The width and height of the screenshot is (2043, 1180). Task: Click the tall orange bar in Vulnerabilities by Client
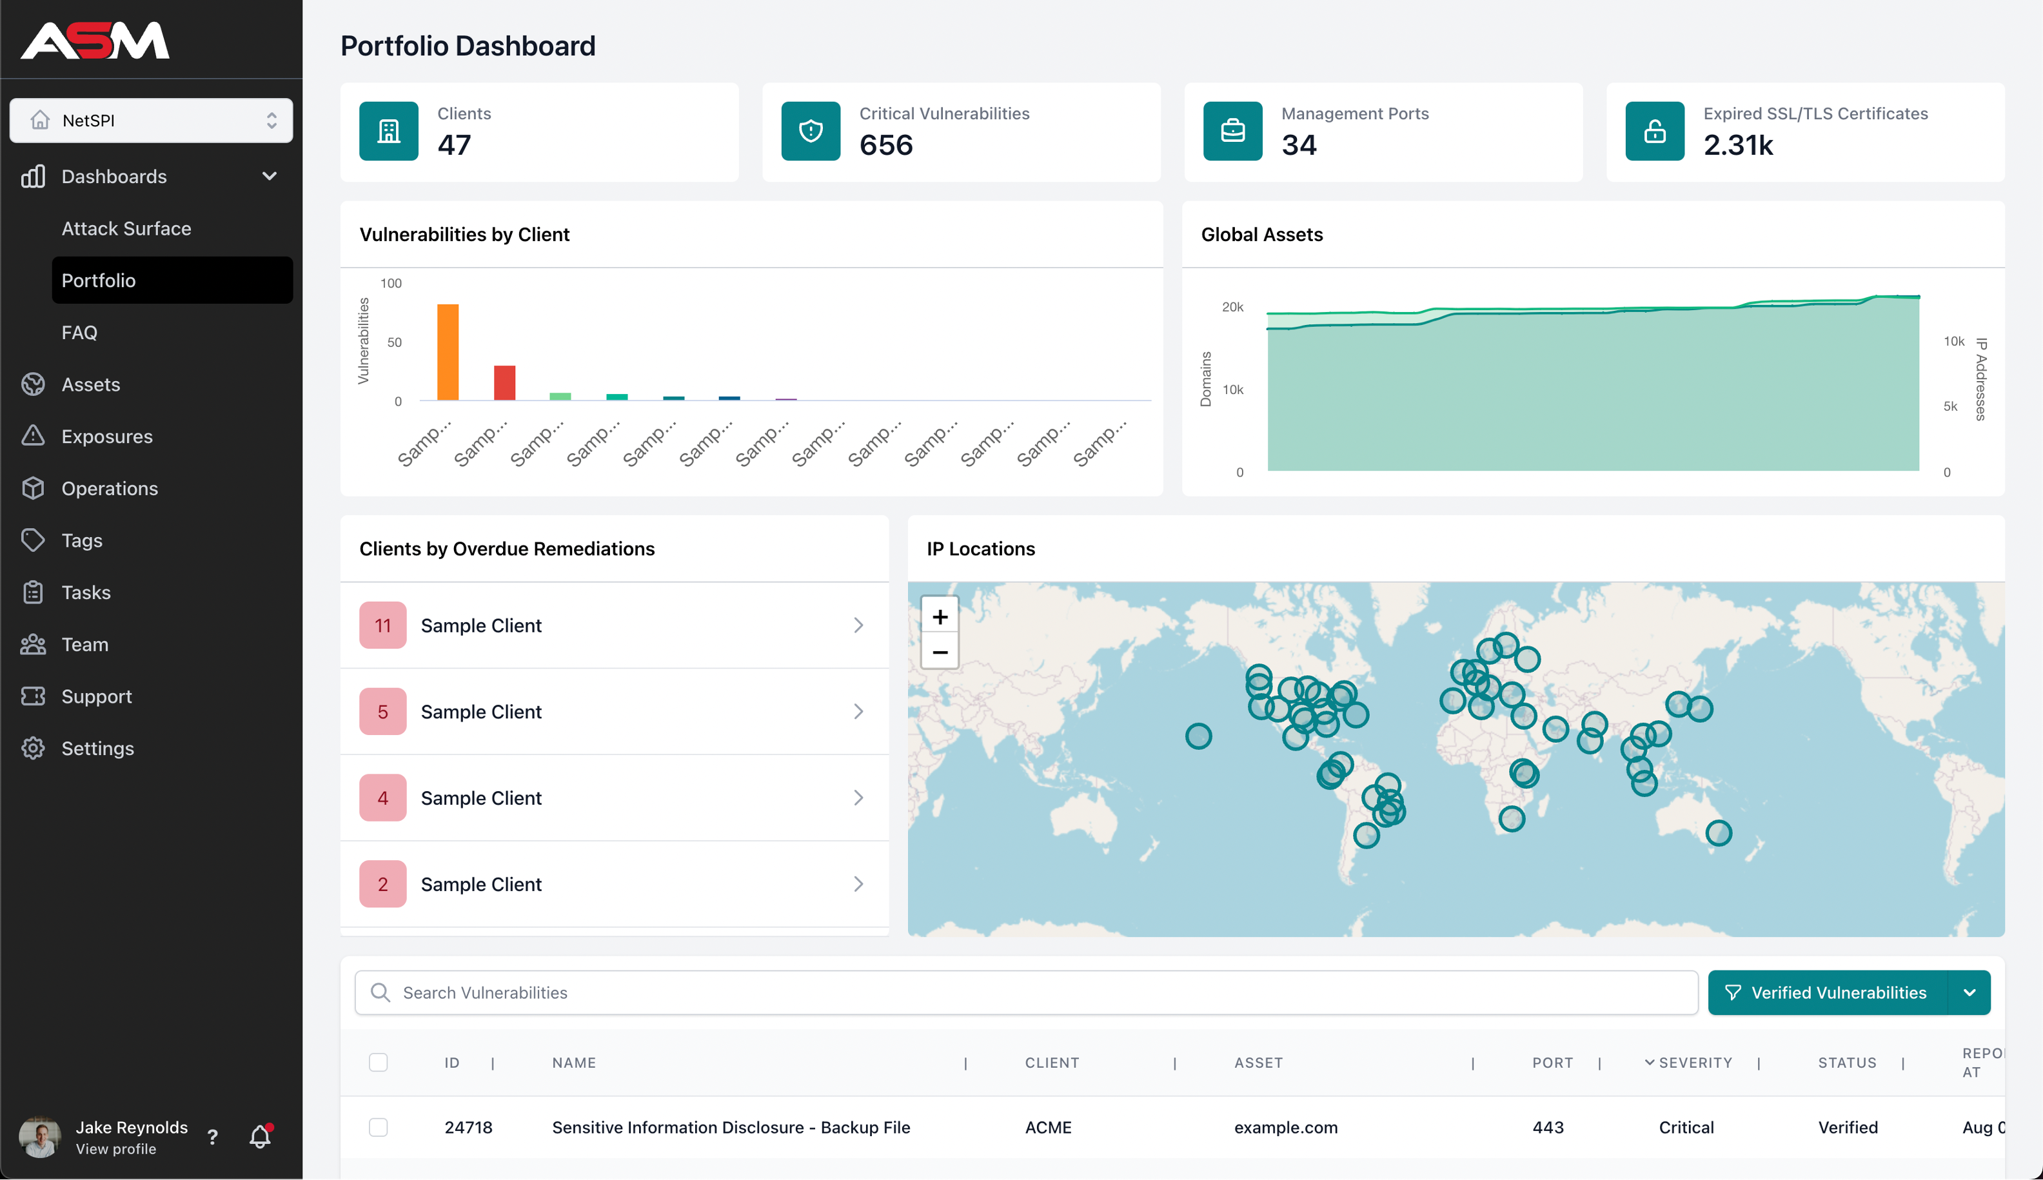coord(448,353)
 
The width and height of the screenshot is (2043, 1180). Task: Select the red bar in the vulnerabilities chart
coord(504,382)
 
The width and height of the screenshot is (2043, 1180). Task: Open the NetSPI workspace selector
coord(152,121)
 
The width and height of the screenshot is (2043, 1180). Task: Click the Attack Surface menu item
coord(126,228)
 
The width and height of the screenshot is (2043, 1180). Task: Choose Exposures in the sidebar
coord(107,437)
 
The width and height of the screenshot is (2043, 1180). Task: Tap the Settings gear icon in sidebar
coord(34,748)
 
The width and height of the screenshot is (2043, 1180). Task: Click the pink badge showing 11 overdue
coord(382,625)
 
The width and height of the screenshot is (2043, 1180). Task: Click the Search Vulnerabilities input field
coord(1026,993)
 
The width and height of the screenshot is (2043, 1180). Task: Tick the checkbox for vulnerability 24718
coord(379,1127)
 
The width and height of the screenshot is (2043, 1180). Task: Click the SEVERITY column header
coord(1695,1063)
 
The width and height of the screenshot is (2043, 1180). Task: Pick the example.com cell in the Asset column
coord(1285,1127)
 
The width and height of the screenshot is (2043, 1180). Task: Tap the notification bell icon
coord(259,1137)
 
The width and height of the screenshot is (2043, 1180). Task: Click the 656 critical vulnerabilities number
coord(886,145)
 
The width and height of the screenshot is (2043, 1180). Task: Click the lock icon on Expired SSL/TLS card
coord(1654,132)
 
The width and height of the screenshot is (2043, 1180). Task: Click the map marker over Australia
coord(1718,833)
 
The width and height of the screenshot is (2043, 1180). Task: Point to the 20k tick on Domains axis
coord(1232,307)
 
